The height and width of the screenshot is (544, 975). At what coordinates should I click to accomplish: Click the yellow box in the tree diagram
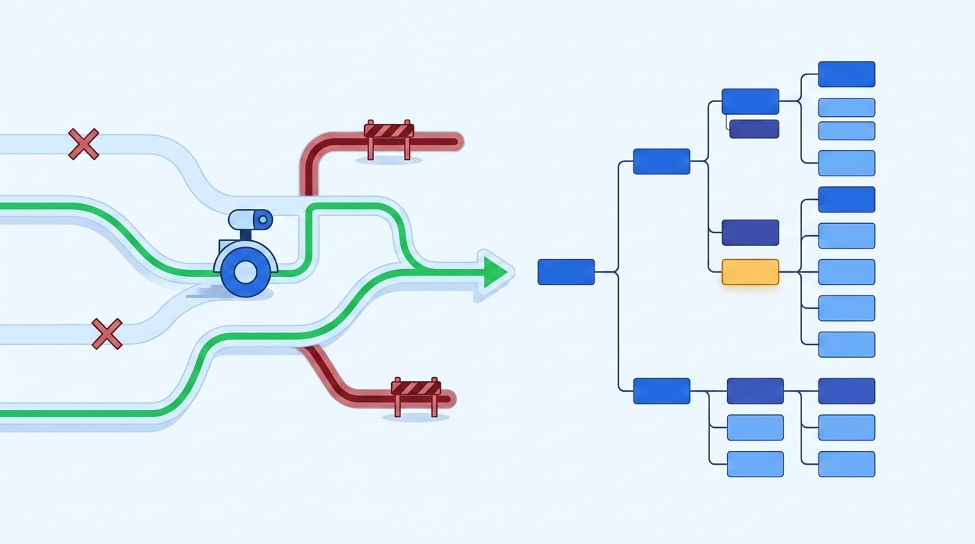[x=750, y=272]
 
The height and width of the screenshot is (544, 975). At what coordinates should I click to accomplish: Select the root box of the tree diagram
[x=565, y=272]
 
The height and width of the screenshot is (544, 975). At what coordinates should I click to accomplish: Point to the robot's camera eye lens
[x=263, y=220]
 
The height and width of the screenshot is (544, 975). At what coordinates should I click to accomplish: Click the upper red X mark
[x=84, y=144]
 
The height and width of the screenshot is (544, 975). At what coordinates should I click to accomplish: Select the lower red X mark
[x=107, y=334]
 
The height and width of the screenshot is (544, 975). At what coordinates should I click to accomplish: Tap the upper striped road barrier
[x=388, y=132]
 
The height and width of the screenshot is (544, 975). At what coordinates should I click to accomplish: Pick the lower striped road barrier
[x=416, y=389]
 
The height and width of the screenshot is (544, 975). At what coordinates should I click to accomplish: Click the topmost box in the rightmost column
[x=846, y=74]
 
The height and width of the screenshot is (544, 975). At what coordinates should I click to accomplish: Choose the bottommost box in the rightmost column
[x=846, y=464]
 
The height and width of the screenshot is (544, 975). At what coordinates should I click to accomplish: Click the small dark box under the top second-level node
[x=754, y=129]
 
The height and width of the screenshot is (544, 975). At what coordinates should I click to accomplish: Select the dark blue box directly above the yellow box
[x=750, y=232]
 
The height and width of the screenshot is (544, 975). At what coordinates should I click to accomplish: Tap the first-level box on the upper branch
[x=661, y=161]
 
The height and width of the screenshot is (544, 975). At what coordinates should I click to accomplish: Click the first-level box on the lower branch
[x=661, y=391]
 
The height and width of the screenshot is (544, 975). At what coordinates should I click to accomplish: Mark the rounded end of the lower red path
[x=448, y=398]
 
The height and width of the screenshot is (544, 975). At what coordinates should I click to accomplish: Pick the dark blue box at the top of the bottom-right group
[x=846, y=391]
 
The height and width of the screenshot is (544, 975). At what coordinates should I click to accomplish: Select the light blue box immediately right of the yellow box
[x=846, y=272]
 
